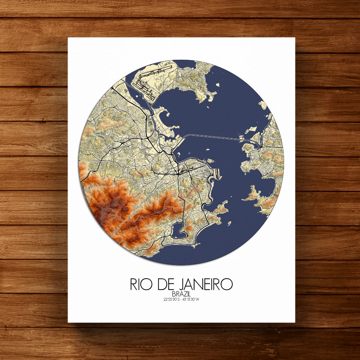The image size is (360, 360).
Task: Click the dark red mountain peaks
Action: [108, 205]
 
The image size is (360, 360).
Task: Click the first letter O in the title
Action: [151, 284]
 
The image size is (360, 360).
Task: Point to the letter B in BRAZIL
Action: [174, 295]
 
